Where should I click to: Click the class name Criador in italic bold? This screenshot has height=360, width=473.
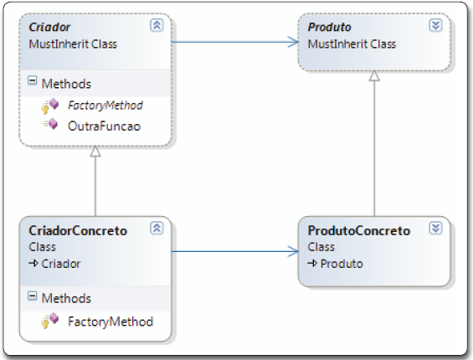(x=49, y=27)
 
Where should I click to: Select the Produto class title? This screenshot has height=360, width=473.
(x=330, y=27)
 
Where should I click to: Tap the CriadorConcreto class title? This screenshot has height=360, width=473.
(x=78, y=230)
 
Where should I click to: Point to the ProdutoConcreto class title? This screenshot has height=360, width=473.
(x=359, y=230)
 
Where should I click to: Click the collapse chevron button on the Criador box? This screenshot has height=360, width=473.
(x=157, y=25)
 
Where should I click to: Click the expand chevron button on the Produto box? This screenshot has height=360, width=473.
(x=434, y=25)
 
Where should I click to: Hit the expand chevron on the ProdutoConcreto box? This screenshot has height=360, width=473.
(x=434, y=229)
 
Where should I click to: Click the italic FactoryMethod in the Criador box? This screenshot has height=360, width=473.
(x=105, y=105)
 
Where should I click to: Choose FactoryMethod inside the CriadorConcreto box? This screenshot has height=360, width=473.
(x=110, y=321)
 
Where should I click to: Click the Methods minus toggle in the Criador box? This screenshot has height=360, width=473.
(x=33, y=83)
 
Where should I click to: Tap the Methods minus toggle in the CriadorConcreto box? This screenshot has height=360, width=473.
(x=33, y=297)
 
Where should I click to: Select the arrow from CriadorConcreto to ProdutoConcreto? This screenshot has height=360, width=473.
(x=234, y=249)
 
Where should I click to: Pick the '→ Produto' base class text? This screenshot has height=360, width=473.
(x=335, y=263)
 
